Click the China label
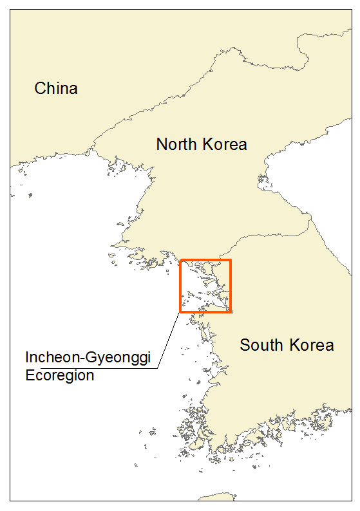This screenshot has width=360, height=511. click(x=56, y=88)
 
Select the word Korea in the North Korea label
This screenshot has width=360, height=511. click(x=224, y=144)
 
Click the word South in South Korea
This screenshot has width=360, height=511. click(x=261, y=345)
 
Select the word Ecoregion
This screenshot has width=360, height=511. click(x=60, y=375)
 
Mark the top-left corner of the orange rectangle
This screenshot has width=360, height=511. click(x=181, y=260)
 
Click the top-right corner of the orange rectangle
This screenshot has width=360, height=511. click(x=230, y=260)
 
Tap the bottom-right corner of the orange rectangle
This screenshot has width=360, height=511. click(x=230, y=312)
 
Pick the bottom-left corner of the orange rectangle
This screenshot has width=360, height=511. click(x=181, y=312)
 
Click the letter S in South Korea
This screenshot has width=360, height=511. click(x=245, y=345)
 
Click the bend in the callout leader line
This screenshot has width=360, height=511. click(x=158, y=368)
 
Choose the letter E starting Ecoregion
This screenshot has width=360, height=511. click(x=30, y=375)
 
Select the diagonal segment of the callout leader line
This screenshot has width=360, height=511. click(x=169, y=340)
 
